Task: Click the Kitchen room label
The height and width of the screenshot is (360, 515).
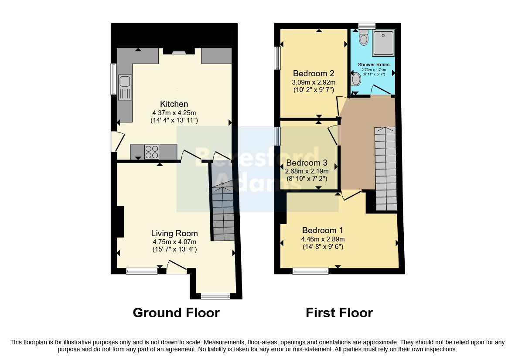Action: click(x=174, y=104)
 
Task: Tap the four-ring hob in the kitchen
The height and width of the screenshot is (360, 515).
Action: click(x=152, y=152)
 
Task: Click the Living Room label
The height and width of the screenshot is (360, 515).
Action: click(x=174, y=233)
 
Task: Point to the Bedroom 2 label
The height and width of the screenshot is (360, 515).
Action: click(x=314, y=73)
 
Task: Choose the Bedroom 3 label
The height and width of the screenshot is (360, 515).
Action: click(x=307, y=163)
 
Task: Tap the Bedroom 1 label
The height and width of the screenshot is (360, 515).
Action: click(x=323, y=231)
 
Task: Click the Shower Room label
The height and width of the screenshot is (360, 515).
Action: click(x=374, y=65)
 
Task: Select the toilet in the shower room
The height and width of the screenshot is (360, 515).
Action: click(x=363, y=37)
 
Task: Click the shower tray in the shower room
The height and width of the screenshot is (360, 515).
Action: click(x=383, y=43)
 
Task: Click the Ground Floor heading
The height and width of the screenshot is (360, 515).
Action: click(x=176, y=313)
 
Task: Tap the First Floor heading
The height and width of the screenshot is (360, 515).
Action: click(x=339, y=313)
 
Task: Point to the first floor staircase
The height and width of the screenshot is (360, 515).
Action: click(x=385, y=169)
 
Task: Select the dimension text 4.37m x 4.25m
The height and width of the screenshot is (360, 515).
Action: click(x=174, y=112)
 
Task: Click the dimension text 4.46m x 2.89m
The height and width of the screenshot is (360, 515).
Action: click(x=323, y=239)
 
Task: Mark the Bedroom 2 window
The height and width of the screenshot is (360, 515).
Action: click(x=277, y=58)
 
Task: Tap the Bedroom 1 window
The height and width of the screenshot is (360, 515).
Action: click(x=310, y=271)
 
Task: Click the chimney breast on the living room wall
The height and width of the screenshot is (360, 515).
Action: click(x=120, y=221)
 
